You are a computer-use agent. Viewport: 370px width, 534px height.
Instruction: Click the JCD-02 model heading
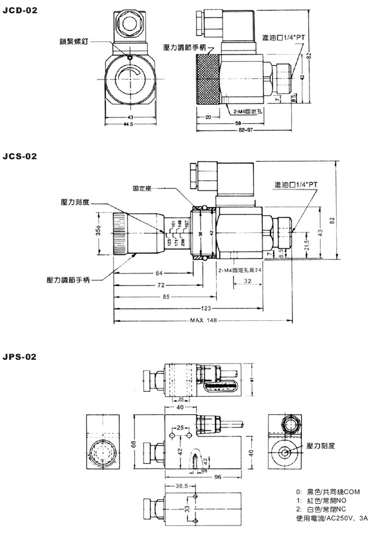coord(20,10)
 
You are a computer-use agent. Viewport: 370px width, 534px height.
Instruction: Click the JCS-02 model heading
coord(20,157)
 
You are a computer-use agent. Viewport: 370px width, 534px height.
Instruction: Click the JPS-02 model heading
coord(20,357)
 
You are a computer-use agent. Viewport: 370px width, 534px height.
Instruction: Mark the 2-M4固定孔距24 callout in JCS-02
coord(240,269)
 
